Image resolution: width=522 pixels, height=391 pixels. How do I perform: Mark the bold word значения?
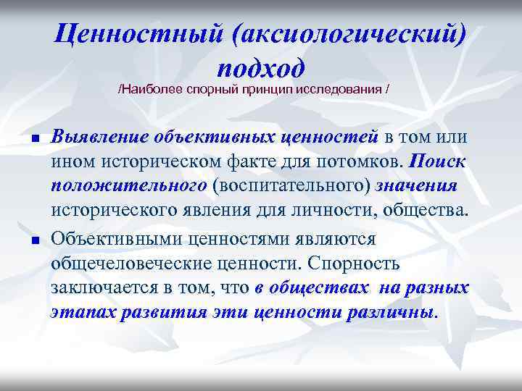click(417, 186)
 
